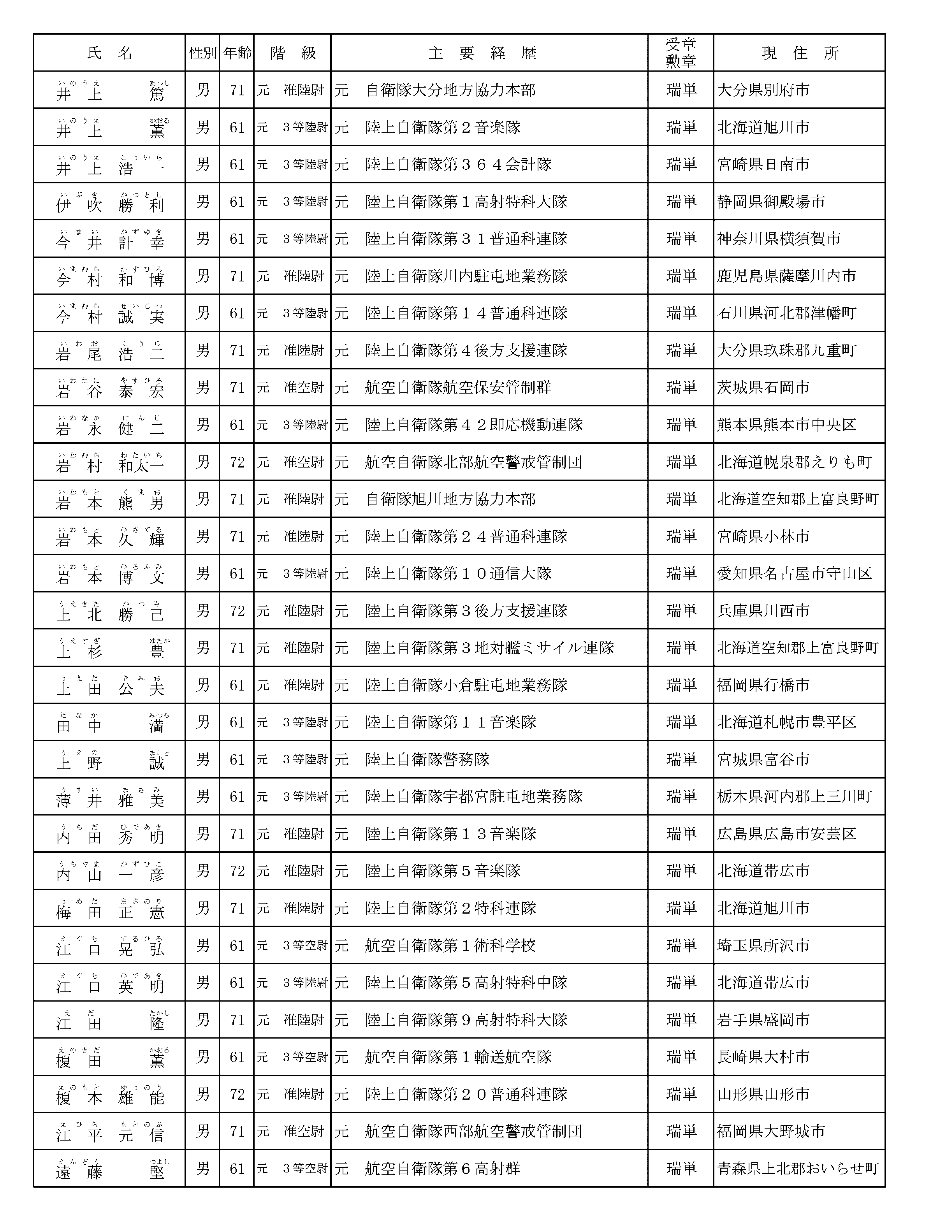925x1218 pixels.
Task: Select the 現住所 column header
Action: [800, 53]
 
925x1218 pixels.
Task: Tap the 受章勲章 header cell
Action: [681, 53]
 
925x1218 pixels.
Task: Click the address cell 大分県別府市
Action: [763, 90]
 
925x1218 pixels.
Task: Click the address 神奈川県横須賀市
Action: [779, 239]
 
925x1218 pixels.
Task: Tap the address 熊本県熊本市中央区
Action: [786, 425]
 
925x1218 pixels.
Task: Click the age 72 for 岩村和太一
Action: [237, 462]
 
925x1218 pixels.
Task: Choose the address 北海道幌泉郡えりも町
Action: [794, 462]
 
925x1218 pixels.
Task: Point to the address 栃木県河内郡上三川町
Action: [794, 797]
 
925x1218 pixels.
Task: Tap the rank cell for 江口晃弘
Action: [292, 946]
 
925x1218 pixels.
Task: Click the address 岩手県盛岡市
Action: [763, 1020]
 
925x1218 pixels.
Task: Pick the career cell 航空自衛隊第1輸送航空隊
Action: [458, 1057]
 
